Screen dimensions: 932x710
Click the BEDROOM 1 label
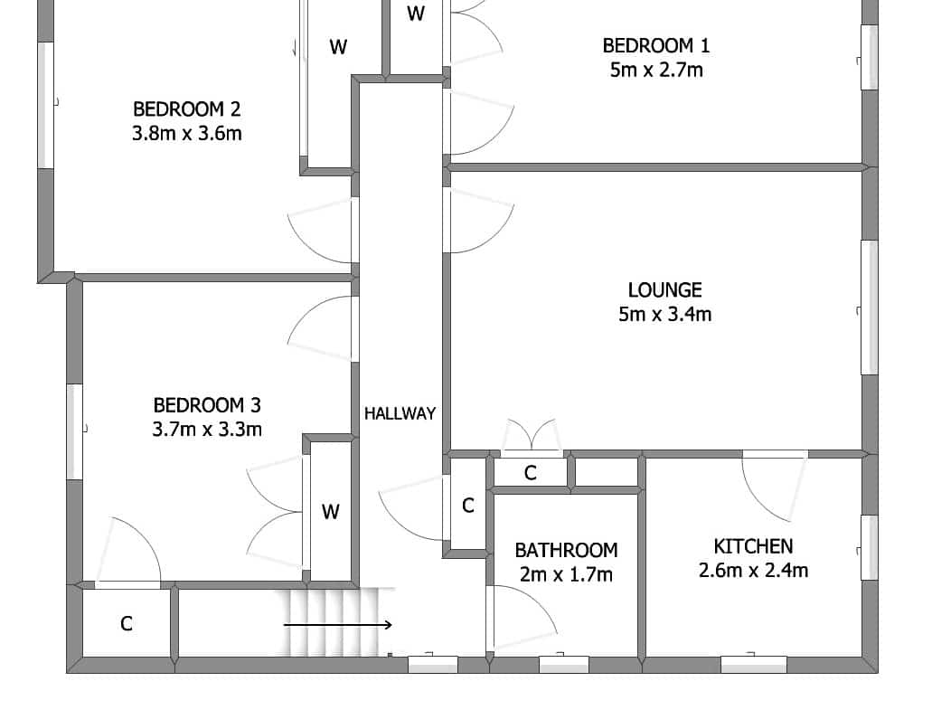(x=655, y=46)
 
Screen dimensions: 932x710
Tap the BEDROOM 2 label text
(x=186, y=109)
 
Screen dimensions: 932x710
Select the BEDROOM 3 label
(x=207, y=405)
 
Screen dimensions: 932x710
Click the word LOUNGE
(x=665, y=290)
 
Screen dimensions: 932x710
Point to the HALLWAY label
(x=400, y=414)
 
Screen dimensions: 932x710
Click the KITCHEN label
(x=753, y=546)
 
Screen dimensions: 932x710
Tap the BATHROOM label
(x=566, y=551)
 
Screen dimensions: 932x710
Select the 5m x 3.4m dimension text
(x=665, y=314)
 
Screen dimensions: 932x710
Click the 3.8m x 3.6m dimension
(x=186, y=133)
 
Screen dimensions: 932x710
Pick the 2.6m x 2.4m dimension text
(x=753, y=571)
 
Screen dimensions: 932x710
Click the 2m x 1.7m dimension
(x=566, y=575)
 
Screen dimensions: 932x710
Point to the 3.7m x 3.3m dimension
(x=207, y=430)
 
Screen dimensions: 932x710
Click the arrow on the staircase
(x=337, y=625)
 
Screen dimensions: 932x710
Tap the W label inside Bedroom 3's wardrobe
(x=331, y=511)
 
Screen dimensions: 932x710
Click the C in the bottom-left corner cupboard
(x=126, y=624)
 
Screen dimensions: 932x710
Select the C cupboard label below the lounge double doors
(x=531, y=473)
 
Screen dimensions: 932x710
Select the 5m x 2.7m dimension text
(x=656, y=71)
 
